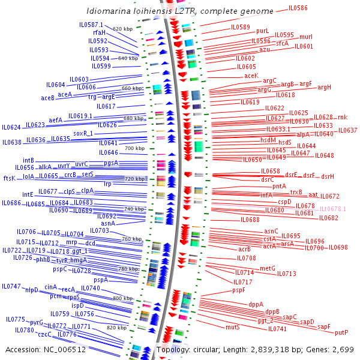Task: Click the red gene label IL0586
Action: click(298, 8)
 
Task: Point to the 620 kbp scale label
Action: click(122, 29)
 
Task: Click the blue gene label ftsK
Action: click(9, 178)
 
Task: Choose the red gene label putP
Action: click(341, 332)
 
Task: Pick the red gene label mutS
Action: click(233, 328)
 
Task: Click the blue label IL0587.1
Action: click(92, 25)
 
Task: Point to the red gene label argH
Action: click(325, 88)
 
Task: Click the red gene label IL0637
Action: click(347, 130)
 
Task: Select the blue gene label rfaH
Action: click(99, 32)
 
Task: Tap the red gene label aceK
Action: click(251, 76)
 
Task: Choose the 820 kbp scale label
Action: click(116, 328)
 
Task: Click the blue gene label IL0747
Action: click(11, 286)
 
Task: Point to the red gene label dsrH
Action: click(328, 176)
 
